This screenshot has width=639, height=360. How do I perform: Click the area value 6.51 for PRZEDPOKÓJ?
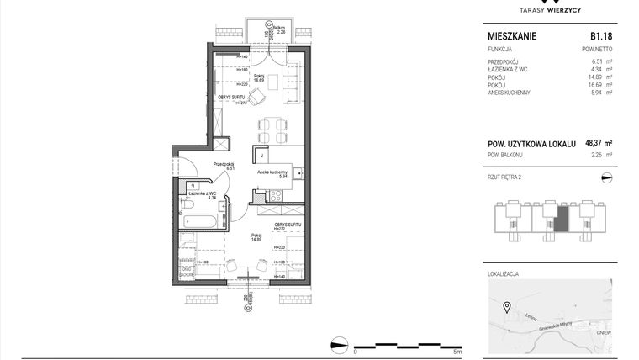pos(598,61)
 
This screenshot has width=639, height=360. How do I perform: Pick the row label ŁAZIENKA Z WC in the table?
pos(510,69)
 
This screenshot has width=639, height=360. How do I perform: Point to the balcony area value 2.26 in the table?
pos(598,155)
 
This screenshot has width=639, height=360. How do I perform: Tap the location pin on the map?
pos(506,306)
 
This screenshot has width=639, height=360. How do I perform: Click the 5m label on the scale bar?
pos(457,352)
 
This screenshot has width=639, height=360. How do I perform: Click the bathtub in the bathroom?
pos(201,221)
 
